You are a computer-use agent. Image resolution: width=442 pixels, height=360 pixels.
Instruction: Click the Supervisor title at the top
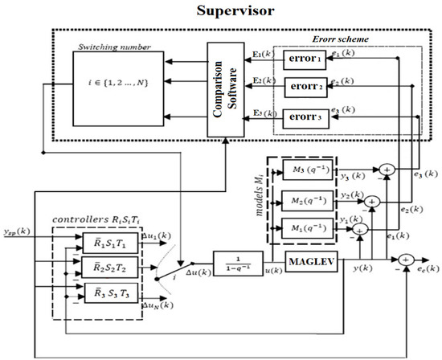coord(222,12)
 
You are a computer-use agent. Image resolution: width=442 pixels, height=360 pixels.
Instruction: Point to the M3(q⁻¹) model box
coord(309,170)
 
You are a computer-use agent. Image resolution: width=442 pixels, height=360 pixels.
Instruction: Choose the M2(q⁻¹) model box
coord(309,198)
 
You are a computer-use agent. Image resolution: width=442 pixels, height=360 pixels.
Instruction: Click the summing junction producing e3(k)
coord(387,170)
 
